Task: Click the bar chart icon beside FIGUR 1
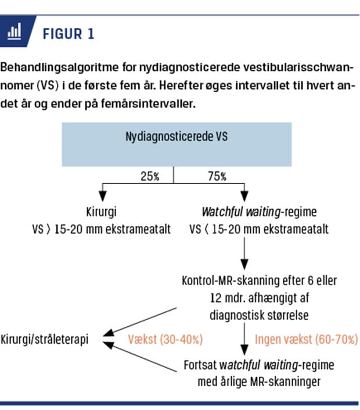14,31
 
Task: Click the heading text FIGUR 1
69,34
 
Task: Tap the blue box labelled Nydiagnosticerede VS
177,145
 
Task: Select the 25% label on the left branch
150,176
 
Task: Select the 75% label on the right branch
217,176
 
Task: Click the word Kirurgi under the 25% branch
102,213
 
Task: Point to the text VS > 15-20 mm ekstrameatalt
102,229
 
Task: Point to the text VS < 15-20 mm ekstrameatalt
259,229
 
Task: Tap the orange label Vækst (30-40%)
165,339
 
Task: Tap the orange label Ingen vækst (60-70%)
307,339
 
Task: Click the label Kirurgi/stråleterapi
45,339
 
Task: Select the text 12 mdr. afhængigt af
260,298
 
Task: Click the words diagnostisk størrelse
259,315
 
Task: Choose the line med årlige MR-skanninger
259,382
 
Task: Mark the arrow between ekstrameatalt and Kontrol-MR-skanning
244,253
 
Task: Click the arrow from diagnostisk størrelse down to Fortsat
244,339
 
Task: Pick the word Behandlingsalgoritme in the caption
59,68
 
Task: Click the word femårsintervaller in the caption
148,104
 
